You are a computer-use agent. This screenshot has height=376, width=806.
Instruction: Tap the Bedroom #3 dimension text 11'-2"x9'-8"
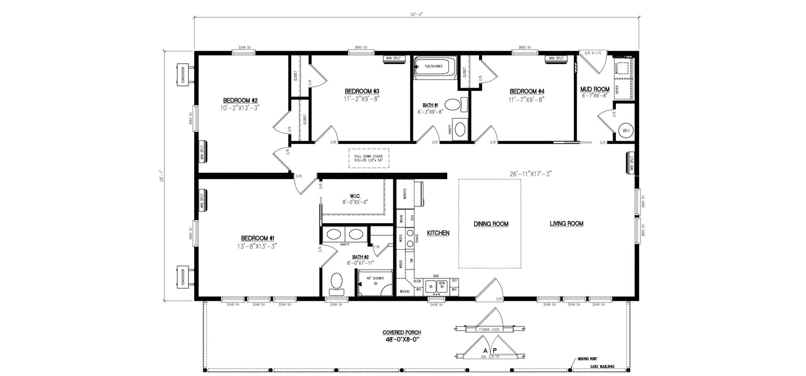pos(361,99)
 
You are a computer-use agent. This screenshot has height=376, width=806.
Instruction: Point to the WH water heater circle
pos(625,131)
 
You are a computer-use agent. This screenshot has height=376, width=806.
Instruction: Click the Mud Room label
pos(594,89)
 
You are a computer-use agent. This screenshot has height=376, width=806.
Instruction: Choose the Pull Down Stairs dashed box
pos(369,158)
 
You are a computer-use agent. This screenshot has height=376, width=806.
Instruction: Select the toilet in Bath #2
pos(336,283)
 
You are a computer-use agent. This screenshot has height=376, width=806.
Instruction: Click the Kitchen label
pos(438,233)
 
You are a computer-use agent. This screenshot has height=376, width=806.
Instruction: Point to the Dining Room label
pos(491,224)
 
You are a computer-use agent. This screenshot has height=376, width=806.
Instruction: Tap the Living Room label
pos(566,224)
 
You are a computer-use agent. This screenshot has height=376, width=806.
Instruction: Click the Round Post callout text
pos(590,359)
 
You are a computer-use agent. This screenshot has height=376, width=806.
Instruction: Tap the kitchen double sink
pos(435,286)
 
